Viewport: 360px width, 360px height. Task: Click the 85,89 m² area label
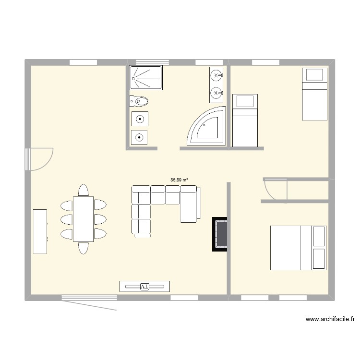click(x=179, y=180)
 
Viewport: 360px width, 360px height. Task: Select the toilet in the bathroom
click(x=139, y=101)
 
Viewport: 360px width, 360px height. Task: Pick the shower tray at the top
click(x=146, y=78)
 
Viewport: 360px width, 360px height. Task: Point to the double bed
click(x=299, y=247)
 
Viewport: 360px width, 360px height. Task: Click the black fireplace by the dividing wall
click(x=220, y=234)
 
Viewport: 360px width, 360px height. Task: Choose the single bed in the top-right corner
click(x=314, y=94)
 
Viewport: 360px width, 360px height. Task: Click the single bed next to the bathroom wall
click(x=245, y=120)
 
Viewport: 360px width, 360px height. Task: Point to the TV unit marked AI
click(x=144, y=287)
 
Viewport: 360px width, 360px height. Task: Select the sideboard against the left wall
click(x=40, y=231)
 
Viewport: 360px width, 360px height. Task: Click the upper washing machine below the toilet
click(x=139, y=119)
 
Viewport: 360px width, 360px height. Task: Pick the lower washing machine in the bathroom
click(x=139, y=137)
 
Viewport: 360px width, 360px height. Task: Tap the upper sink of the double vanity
click(x=216, y=75)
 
